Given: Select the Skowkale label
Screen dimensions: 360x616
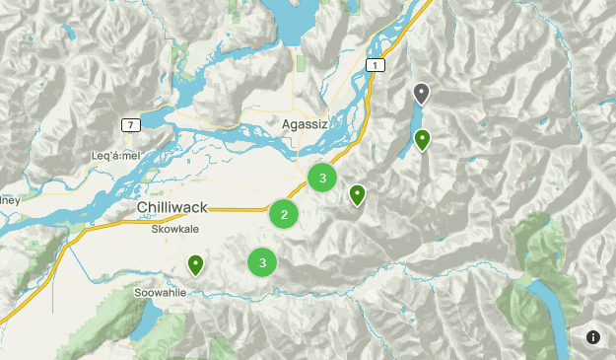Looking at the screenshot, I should tap(174, 228).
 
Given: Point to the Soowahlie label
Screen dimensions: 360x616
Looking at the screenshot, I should tap(159, 293).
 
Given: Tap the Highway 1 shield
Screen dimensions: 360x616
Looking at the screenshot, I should tap(374, 64).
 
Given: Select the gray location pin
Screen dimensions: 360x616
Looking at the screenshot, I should tap(422, 93).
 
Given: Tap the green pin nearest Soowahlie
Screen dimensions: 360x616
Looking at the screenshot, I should tap(196, 263).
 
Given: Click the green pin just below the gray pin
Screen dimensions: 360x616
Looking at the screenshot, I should tap(422, 139).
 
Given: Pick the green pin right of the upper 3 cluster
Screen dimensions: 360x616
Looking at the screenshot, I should tap(358, 194).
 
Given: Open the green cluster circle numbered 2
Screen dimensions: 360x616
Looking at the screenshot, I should tap(284, 214).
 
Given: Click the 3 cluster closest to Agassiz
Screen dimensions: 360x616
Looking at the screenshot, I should tap(322, 178).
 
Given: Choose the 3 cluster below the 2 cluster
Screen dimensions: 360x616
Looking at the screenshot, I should tap(262, 262).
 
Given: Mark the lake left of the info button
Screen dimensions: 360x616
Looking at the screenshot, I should tap(552, 316).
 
